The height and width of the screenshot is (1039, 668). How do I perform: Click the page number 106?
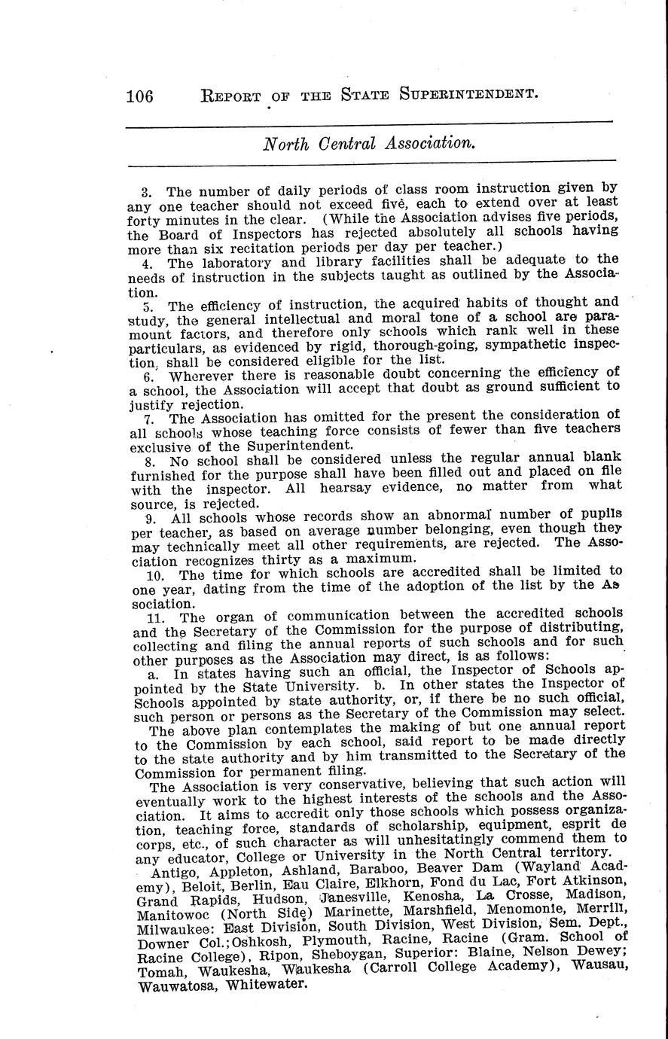click(x=139, y=96)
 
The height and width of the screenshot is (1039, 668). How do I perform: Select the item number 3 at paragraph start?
click(x=147, y=192)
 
